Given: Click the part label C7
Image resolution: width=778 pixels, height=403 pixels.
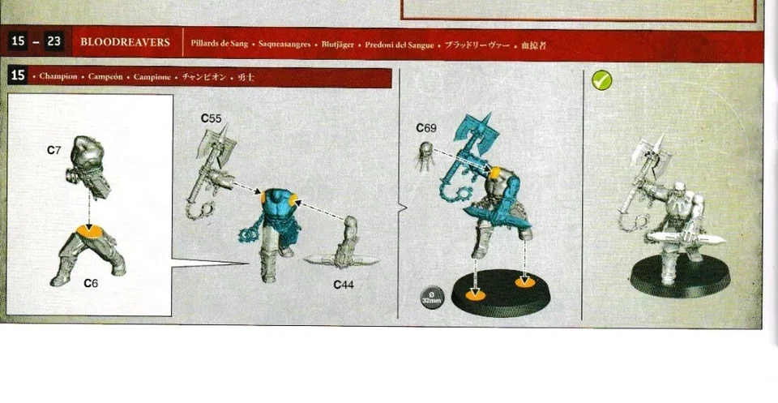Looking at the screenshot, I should [x=54, y=151].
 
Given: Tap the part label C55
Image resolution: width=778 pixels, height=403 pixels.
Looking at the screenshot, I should [x=212, y=118].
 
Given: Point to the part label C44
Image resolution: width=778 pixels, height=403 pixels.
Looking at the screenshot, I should [x=344, y=285].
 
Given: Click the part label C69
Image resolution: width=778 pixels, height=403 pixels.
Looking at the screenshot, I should [x=426, y=128].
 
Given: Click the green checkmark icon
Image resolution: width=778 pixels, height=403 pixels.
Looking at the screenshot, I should [x=602, y=80].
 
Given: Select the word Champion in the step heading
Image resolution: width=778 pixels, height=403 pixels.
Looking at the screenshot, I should [x=58, y=76].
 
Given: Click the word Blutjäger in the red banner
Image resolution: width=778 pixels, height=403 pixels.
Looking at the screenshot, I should [x=339, y=44].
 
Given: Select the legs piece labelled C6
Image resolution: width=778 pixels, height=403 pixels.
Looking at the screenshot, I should [x=88, y=252].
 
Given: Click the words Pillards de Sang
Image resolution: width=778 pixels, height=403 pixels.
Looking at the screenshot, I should [x=219, y=44].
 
